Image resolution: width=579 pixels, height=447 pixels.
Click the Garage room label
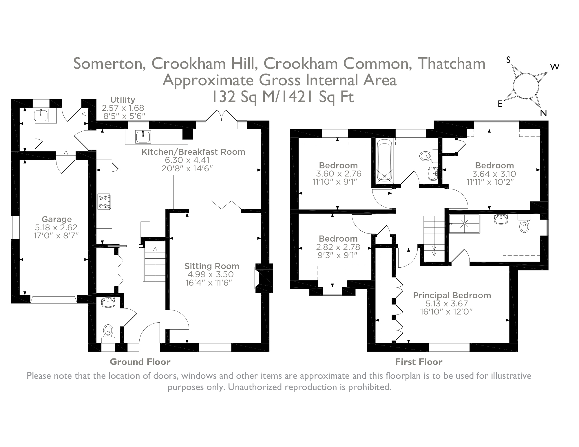[x=56, y=219]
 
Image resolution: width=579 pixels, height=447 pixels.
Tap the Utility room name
[x=123, y=100]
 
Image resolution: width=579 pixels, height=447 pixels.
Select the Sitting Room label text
[x=212, y=266]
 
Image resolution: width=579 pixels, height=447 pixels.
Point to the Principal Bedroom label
[x=452, y=295]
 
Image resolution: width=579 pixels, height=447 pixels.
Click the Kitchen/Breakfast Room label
[x=193, y=152]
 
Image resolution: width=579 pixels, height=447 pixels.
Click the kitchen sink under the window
[x=143, y=136]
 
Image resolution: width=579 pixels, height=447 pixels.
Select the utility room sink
[x=41, y=115]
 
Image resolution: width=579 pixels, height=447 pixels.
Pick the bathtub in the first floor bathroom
[x=384, y=161]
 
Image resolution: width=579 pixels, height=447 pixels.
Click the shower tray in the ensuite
[x=464, y=223]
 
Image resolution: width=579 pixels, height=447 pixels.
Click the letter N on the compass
[x=543, y=113]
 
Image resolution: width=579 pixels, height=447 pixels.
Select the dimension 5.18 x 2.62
[x=56, y=227]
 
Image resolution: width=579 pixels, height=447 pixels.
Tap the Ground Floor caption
[x=140, y=362]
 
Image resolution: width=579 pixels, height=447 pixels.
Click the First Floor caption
[x=419, y=362]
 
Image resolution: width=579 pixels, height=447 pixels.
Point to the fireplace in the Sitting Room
[x=263, y=278]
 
